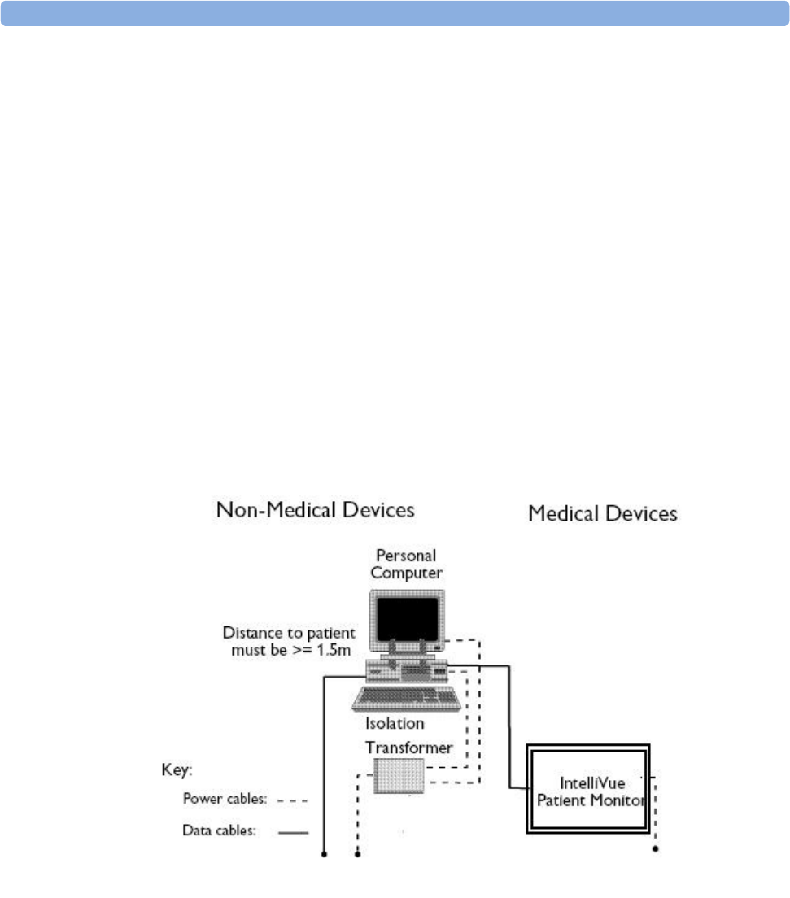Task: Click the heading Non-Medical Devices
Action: tap(315, 511)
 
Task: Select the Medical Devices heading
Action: tap(603, 514)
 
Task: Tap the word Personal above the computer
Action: tap(406, 556)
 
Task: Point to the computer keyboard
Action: tap(407, 699)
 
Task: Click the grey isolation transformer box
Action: tap(399, 775)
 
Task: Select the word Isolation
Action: tap(395, 723)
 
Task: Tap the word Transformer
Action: tap(408, 747)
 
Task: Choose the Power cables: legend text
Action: tap(224, 800)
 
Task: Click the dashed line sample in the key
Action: tap(292, 800)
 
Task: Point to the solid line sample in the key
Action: tap(293, 832)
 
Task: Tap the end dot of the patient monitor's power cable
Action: tap(656, 850)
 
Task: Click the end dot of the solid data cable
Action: tap(324, 855)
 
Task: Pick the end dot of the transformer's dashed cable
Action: tap(358, 855)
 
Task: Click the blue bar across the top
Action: tap(395, 13)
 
